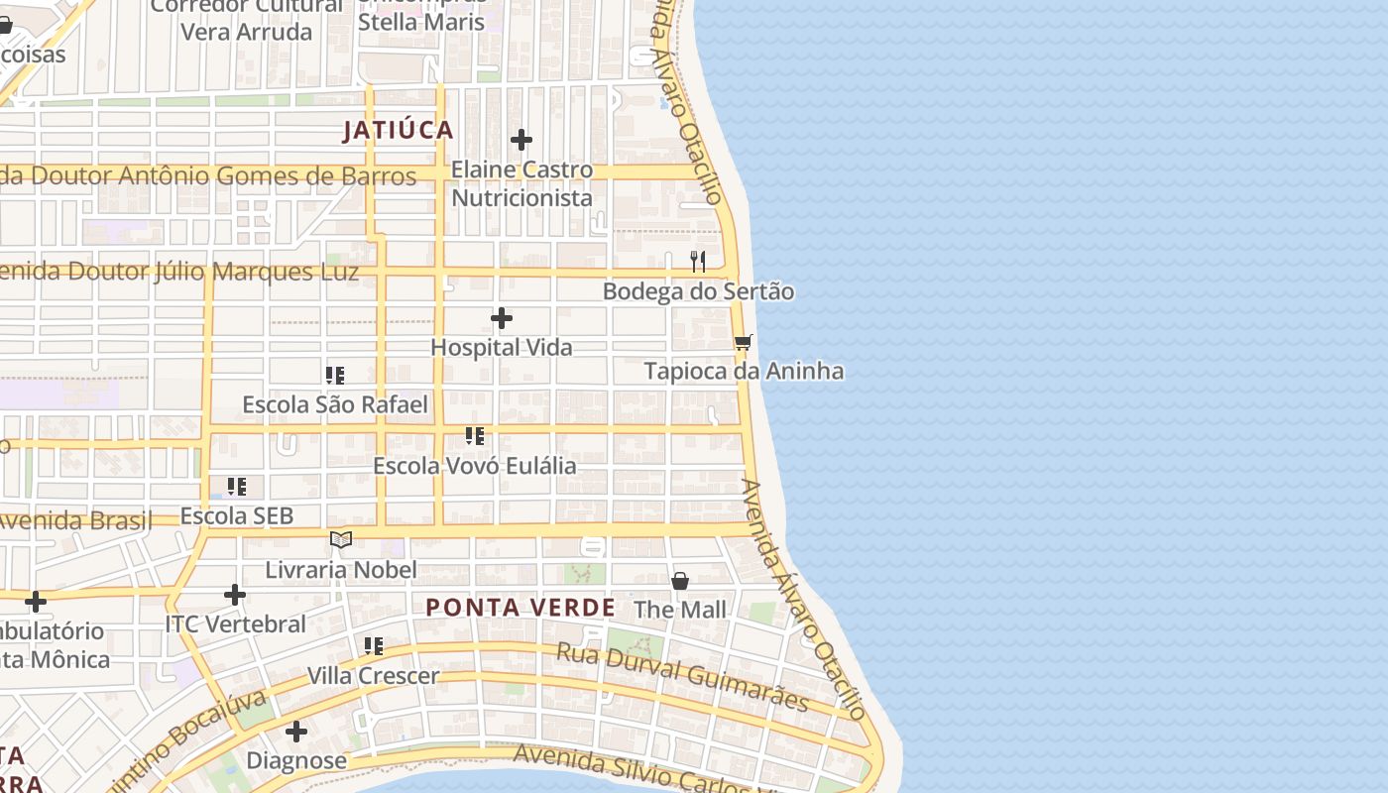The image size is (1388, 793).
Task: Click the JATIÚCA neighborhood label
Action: [398, 130]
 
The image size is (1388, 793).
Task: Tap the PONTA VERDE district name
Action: [520, 608]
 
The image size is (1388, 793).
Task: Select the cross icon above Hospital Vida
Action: [502, 318]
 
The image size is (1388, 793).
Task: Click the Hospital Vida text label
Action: [502, 348]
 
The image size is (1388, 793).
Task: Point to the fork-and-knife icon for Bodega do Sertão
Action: [698, 262]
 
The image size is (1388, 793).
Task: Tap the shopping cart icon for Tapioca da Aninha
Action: [743, 342]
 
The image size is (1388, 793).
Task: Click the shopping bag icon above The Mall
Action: [680, 580]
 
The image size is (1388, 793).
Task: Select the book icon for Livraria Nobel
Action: [341, 539]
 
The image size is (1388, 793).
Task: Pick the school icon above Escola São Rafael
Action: [335, 376]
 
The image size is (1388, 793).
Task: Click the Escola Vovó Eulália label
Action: [474, 466]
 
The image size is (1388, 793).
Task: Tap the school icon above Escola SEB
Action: [237, 487]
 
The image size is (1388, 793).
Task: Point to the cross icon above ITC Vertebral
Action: [235, 595]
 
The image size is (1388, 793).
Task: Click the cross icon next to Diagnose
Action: [295, 733]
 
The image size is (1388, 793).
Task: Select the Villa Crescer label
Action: [373, 676]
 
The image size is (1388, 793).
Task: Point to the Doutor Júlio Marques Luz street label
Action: [178, 272]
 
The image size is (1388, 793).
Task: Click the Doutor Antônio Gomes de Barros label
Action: [208, 176]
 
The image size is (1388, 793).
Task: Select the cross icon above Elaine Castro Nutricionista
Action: [521, 140]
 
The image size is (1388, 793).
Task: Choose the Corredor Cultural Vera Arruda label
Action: [246, 19]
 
